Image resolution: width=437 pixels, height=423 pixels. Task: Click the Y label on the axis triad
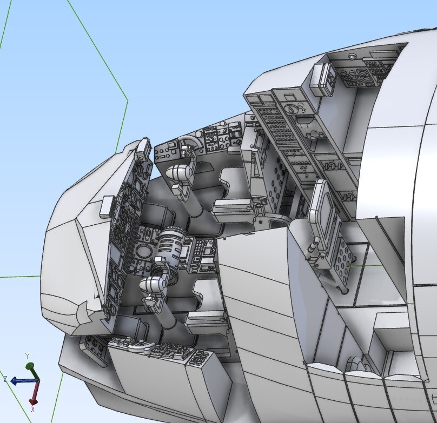27,357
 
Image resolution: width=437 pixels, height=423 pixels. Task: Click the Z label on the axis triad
5,379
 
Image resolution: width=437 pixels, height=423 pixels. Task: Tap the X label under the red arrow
33,409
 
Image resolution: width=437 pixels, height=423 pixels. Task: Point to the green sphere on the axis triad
30,366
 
